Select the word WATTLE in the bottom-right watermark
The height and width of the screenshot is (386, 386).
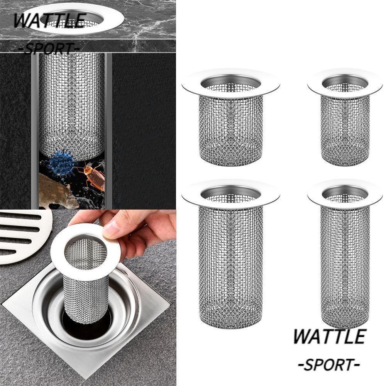coord(329,336)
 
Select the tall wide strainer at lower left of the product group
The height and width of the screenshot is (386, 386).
coord(230,262)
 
